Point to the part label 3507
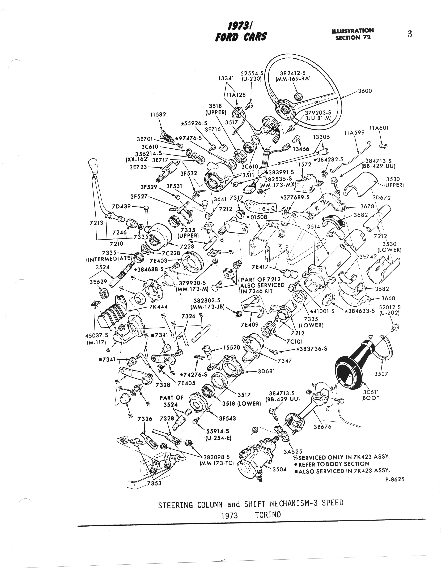(x=381, y=374)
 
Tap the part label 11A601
(x=379, y=128)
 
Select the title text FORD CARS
(x=241, y=37)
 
